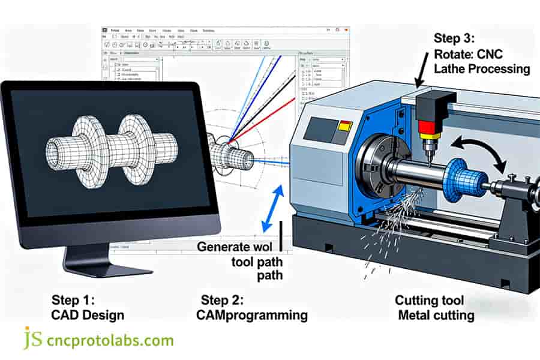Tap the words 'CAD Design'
point(87,315)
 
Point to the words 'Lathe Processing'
point(482,68)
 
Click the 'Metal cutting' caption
point(436,315)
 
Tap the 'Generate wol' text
point(235,247)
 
